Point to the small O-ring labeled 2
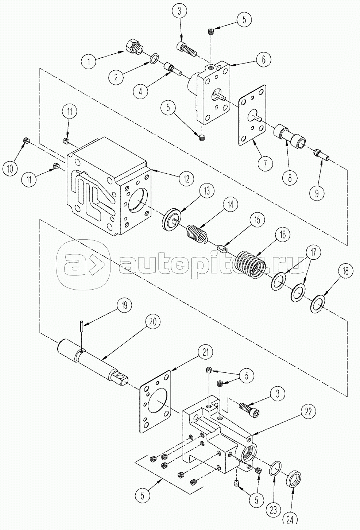pos(155,58)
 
